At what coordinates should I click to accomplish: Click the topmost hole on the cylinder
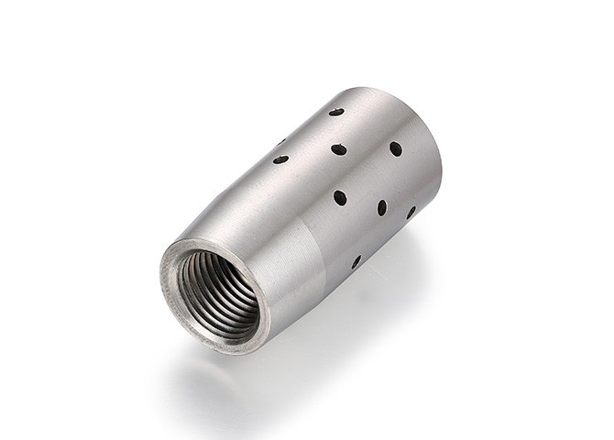[336, 112]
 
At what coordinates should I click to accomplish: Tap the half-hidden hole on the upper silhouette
[281, 142]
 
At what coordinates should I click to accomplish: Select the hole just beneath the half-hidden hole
[280, 159]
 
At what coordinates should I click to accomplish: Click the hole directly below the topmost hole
[339, 148]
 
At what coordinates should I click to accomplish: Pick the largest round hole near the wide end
[395, 148]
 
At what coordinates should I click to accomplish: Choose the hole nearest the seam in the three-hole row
[340, 197]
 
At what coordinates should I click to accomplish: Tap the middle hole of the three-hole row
[382, 208]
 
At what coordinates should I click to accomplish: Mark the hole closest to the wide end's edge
[411, 212]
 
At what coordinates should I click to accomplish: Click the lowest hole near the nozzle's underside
[356, 262]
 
